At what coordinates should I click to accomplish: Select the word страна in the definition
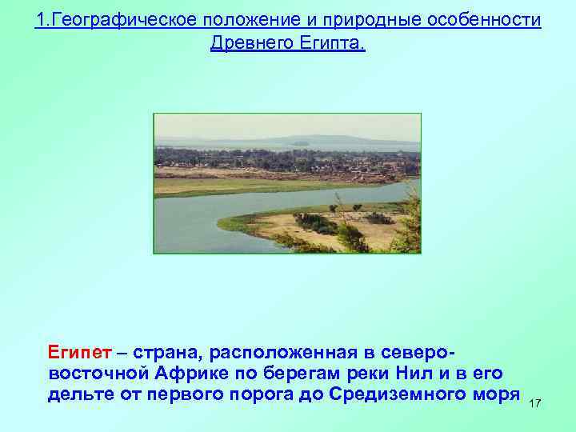(170, 353)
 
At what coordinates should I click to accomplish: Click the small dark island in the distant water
(301, 144)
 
